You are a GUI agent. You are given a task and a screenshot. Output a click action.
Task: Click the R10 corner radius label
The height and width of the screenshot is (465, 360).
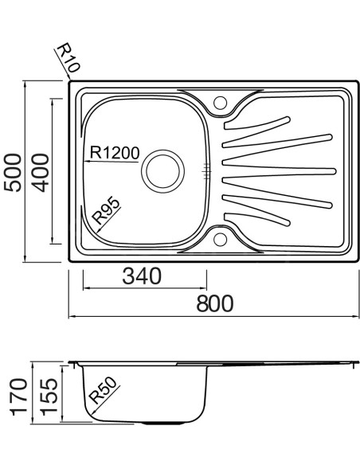point(68,58)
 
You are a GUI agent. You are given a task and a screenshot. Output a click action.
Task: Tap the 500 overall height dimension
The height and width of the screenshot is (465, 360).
point(13,172)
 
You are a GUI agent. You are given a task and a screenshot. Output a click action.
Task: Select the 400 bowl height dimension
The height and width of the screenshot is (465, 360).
point(40,172)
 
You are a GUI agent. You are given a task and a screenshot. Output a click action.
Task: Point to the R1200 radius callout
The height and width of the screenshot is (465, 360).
point(115,153)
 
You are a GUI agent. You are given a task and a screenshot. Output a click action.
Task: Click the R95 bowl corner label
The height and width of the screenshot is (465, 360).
point(106,211)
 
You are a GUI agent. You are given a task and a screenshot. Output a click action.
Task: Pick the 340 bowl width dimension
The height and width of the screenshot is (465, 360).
point(142,276)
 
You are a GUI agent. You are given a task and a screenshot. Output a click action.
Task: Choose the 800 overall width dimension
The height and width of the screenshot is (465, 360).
point(215,303)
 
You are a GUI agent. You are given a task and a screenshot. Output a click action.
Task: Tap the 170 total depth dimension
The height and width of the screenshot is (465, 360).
point(18,397)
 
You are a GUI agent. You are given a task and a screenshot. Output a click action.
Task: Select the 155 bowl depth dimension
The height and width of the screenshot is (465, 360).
point(49,397)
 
